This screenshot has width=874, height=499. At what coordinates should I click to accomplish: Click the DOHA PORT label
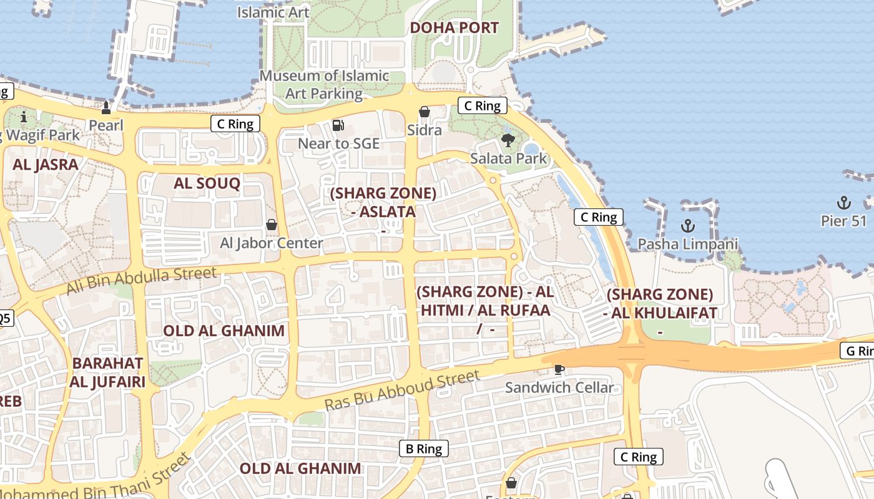(454, 28)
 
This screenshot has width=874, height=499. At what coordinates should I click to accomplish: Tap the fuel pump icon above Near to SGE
(338, 125)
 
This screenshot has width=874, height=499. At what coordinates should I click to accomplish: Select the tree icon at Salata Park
(508, 140)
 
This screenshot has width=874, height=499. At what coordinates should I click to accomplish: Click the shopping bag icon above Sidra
(425, 112)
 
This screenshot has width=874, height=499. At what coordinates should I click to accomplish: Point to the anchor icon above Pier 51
(844, 203)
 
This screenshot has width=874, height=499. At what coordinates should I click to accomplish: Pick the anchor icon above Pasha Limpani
(687, 226)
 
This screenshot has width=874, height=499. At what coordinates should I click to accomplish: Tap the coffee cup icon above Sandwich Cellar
(559, 369)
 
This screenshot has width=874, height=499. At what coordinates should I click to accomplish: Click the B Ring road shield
(424, 448)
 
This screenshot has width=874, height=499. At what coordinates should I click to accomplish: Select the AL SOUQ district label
(207, 183)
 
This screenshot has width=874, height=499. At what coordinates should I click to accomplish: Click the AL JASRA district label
(46, 165)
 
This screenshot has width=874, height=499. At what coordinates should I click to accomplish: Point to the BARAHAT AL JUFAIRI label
(107, 372)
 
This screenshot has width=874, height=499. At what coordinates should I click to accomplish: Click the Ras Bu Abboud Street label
(402, 390)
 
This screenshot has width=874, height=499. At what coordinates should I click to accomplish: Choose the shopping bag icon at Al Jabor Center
(272, 225)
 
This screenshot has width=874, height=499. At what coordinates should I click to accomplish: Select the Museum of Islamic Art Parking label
(324, 85)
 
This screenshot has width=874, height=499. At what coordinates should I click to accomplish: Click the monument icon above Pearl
(106, 109)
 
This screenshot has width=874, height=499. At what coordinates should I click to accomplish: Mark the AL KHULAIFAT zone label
(660, 304)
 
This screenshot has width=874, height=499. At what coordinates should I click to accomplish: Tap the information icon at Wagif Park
(24, 117)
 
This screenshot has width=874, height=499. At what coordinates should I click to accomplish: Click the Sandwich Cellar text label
(559, 387)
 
